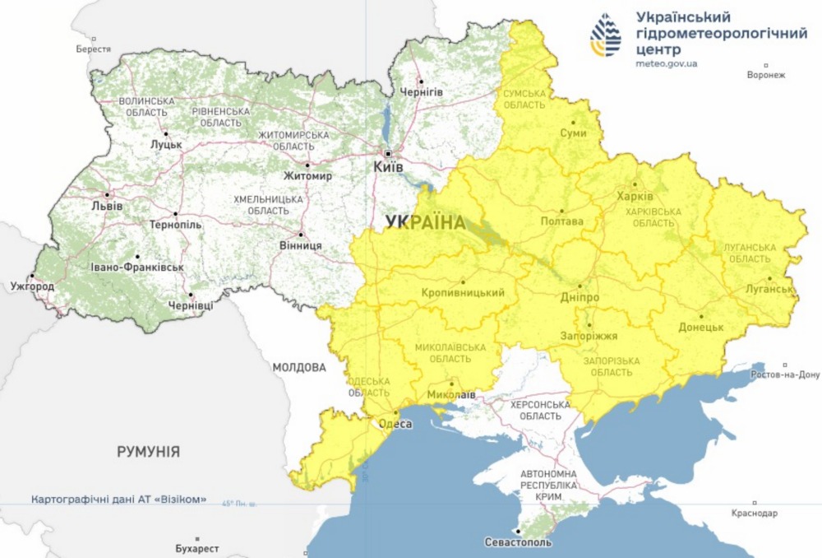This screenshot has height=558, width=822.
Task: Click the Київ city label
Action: click(388, 166)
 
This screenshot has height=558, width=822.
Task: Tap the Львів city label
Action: click(107, 205)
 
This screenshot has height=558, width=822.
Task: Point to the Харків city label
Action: click(635, 197)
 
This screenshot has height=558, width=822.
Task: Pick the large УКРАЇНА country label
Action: click(425, 221)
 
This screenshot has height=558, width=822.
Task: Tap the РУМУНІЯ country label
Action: click(148, 452)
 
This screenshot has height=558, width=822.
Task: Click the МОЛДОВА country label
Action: click(299, 367)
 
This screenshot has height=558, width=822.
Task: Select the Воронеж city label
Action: click(766, 75)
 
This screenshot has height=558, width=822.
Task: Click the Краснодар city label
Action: click(754, 513)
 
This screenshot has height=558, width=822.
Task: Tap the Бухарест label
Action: click(197, 547)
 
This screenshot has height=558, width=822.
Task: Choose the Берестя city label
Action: click(93, 49)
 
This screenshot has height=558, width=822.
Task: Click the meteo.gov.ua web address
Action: click(666, 64)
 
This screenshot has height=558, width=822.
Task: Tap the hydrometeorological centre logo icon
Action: click(606, 35)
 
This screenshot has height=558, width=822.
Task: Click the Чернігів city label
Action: click(420, 92)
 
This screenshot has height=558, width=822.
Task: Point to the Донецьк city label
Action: click(700, 327)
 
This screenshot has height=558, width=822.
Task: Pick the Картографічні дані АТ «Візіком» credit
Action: click(118, 500)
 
